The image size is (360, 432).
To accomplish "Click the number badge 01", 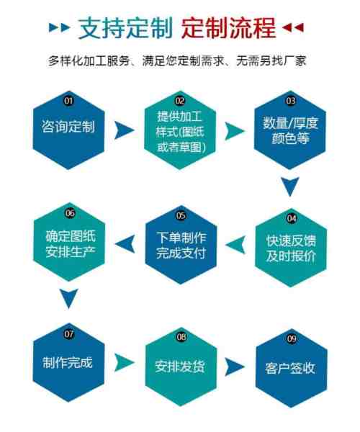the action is pos(68,101).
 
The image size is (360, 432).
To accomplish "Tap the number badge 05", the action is pos(181,215).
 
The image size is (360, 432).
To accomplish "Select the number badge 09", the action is pos(292,338).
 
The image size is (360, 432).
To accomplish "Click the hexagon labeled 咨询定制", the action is pos(68,130).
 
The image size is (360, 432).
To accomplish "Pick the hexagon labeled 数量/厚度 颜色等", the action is pos(289,130).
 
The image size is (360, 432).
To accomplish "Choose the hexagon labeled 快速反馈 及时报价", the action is pos(291,248).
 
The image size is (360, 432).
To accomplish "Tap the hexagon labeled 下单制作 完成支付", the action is pos(181,245).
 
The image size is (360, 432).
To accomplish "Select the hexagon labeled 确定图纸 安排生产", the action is pos(69,242).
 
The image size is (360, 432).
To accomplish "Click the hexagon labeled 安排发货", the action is pos(181,366).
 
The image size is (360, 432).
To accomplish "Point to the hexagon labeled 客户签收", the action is pos(292,368).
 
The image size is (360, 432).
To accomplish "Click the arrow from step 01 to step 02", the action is pos(125,130).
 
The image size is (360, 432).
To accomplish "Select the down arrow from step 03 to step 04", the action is pos(290,186).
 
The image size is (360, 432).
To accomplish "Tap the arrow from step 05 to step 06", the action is pos(125,244).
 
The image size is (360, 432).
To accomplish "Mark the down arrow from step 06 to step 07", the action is pos(69,298).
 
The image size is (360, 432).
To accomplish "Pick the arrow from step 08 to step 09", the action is pos(235,366).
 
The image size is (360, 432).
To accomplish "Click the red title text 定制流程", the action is pos(228,28).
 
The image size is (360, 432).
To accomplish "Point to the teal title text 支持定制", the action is pos(125,28).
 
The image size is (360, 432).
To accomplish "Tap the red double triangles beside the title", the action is pos(293,27).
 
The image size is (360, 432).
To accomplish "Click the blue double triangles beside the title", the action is pos(60,27).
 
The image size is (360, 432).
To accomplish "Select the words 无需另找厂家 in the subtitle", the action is pos(271,61).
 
